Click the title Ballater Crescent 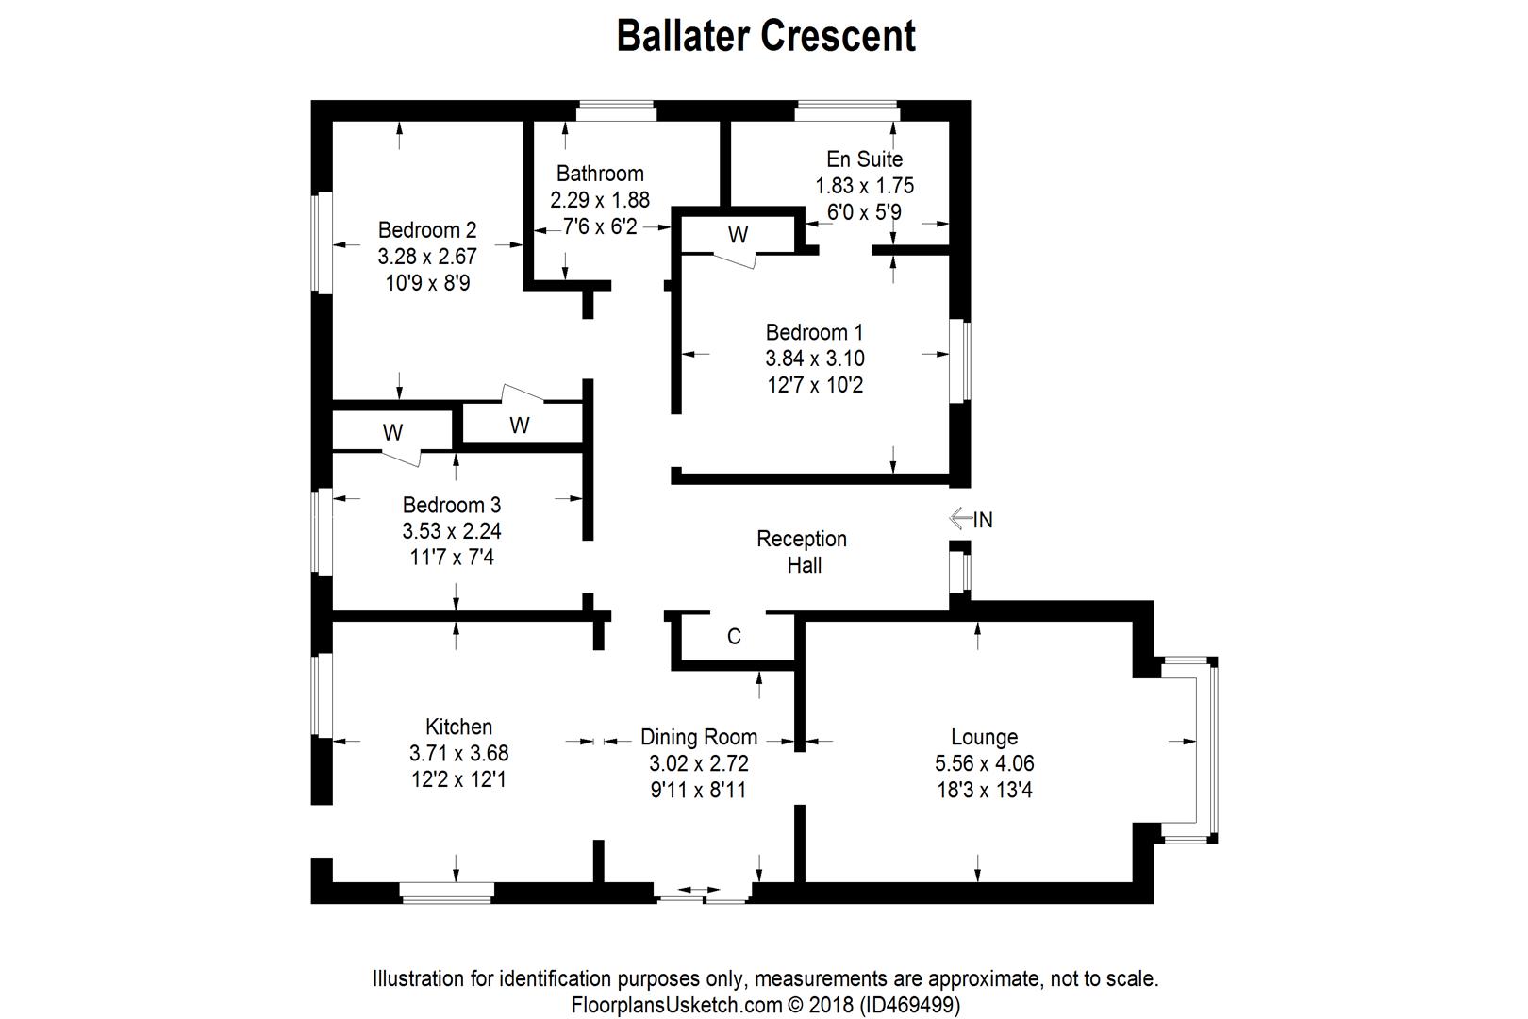pos(766,36)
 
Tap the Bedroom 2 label pos(427,230)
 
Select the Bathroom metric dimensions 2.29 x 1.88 pos(600,200)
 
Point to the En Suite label pos(864,159)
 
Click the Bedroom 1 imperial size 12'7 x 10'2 pos(815,385)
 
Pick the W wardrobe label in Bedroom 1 pos(739,235)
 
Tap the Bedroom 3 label pos(452,505)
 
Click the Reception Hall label pos(802,551)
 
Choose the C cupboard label pos(734,636)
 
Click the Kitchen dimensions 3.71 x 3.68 pos(458,753)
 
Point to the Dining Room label pos(699,737)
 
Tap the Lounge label pos(985,737)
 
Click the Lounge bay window pos(1206,750)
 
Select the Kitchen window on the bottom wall pos(446,893)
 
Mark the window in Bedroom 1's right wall pos(960,361)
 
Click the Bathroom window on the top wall pos(616,110)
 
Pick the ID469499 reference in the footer pos(910,1006)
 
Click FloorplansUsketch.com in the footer pos(676,1006)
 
